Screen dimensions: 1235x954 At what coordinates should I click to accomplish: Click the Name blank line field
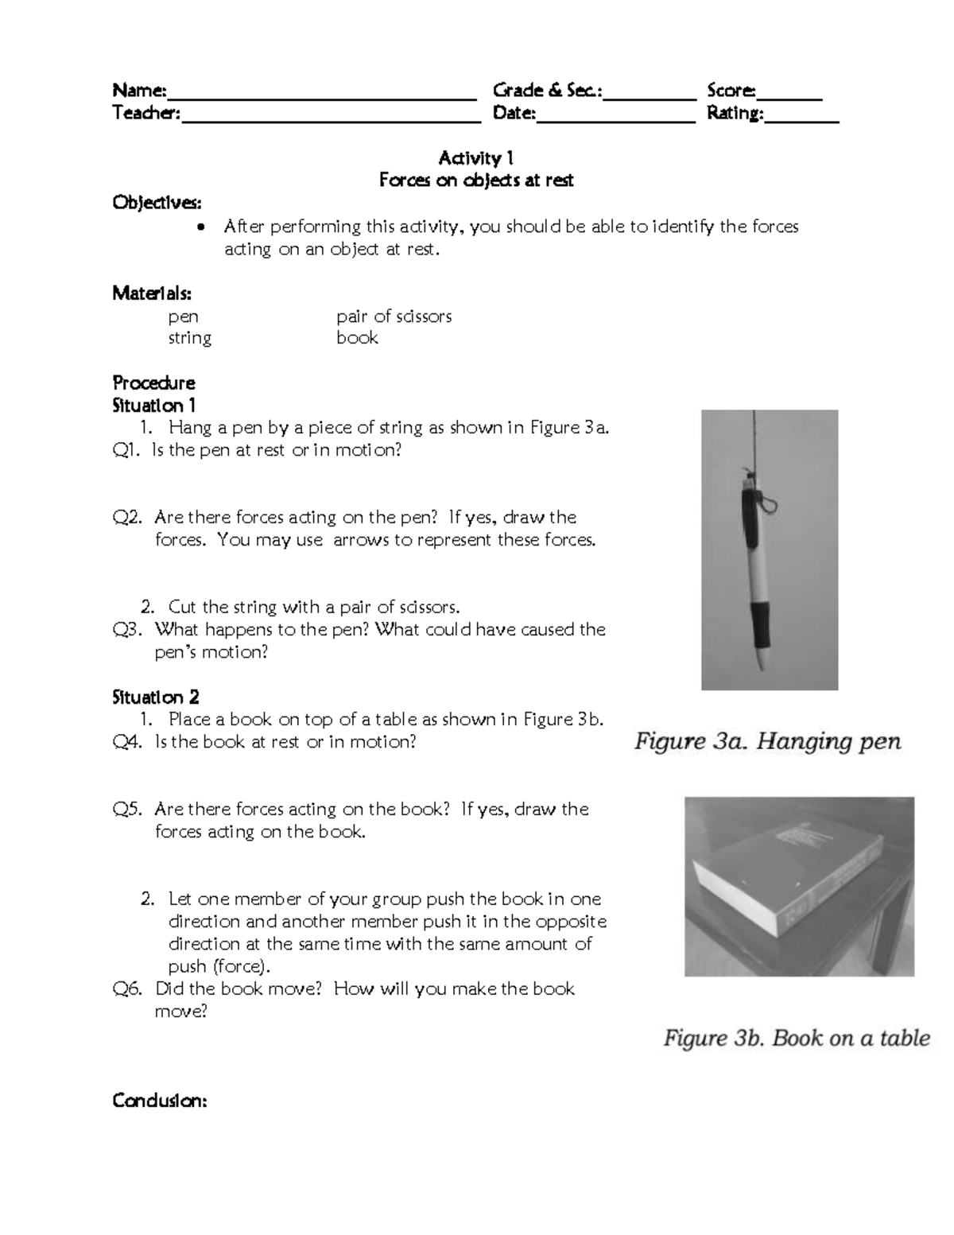point(321,92)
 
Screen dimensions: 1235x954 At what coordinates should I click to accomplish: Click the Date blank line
point(616,115)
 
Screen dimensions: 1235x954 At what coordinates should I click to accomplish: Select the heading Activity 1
point(475,158)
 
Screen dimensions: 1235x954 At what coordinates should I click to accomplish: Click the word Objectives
point(157,203)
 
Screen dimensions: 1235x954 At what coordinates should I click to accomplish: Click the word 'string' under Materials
point(189,338)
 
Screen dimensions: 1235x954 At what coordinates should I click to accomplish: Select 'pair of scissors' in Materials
point(394,317)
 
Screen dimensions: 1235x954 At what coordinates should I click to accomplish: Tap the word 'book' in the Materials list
point(357,338)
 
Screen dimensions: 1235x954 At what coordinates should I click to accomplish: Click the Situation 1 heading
point(153,405)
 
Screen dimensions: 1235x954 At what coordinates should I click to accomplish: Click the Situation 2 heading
point(155,697)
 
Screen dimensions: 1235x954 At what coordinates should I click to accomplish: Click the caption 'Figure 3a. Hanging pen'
point(767,742)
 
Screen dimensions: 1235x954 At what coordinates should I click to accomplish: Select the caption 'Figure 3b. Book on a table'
point(797,1038)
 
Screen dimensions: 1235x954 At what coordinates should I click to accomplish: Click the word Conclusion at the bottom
point(160,1101)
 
